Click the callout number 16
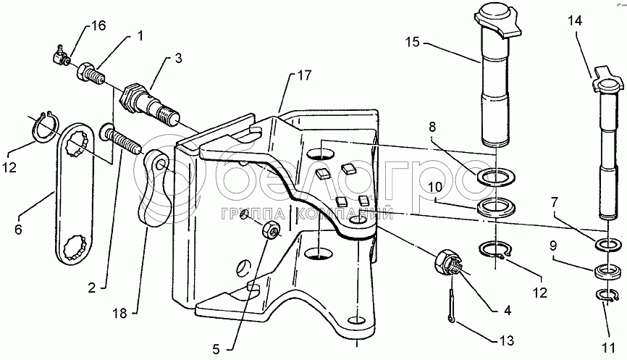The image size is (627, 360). tap(98, 26)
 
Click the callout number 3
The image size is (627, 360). tap(178, 58)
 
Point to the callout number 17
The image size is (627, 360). tap(304, 75)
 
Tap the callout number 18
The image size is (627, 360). tap(120, 313)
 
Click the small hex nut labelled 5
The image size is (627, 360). tap(271, 231)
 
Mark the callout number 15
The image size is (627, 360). tap(413, 41)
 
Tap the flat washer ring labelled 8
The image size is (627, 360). tap(496, 177)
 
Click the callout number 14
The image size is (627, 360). tap(575, 20)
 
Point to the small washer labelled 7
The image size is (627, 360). tap(607, 244)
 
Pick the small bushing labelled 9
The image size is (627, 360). tap(607, 272)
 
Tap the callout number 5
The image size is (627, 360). tap(216, 350)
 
